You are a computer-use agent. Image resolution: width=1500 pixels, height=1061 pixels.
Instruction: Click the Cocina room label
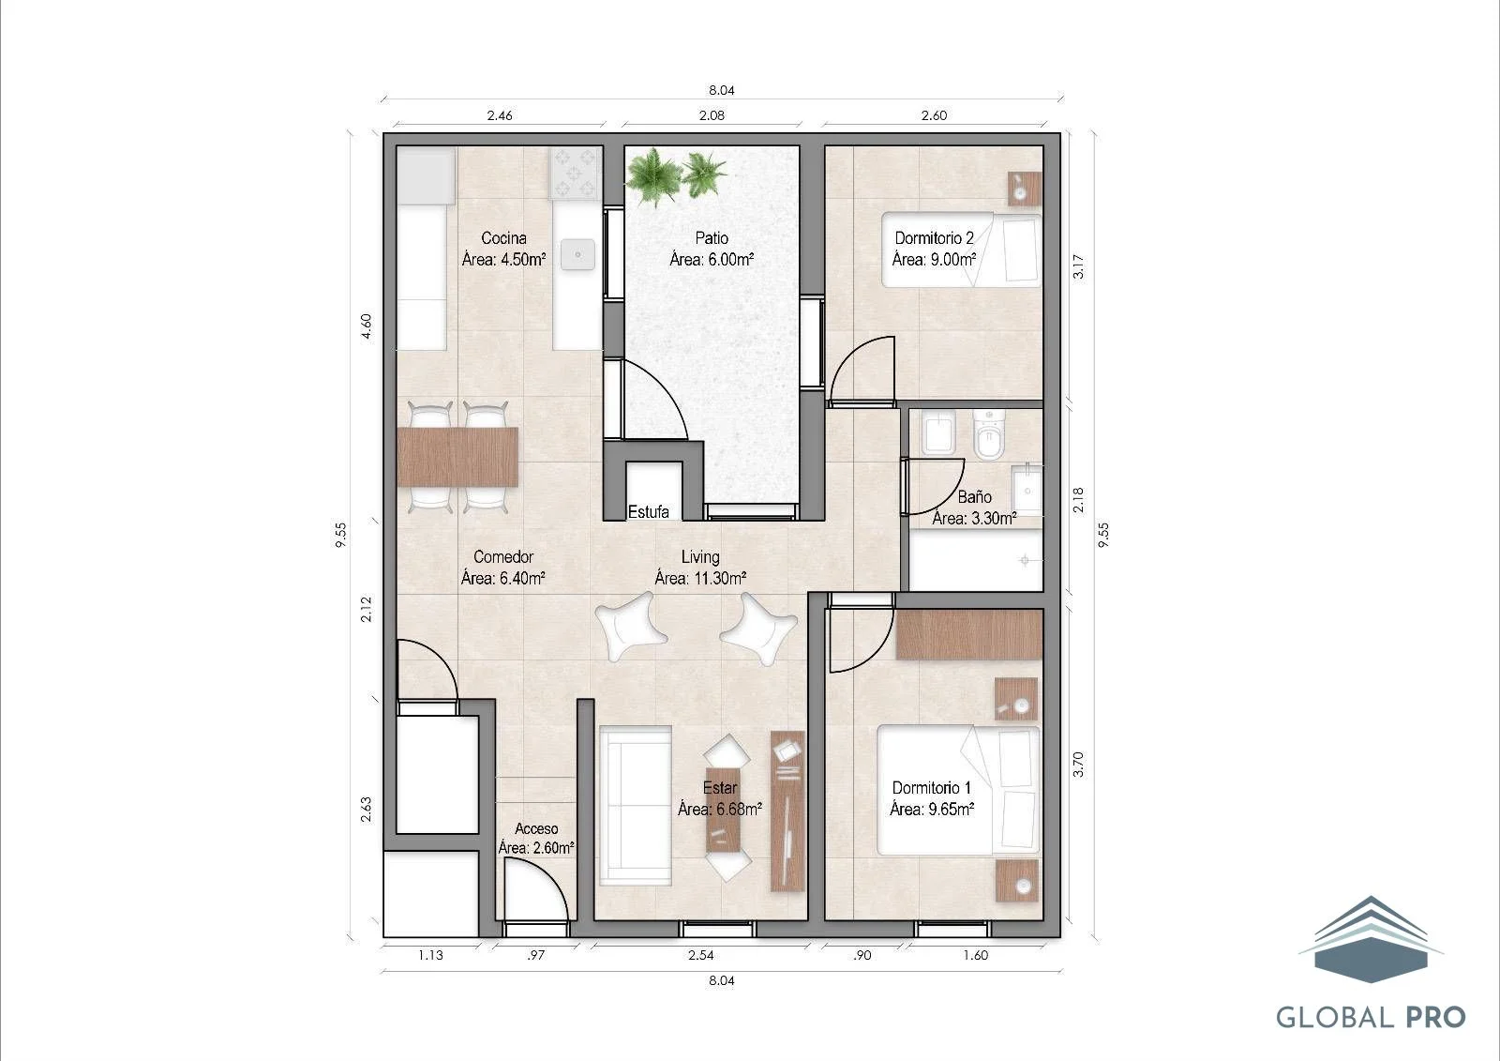click(x=503, y=238)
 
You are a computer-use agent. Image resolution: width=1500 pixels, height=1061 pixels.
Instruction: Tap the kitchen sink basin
click(x=577, y=254)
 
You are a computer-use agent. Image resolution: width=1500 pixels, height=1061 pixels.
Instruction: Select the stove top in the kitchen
click(x=574, y=174)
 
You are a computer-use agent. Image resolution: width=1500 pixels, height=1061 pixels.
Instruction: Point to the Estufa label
click(x=648, y=512)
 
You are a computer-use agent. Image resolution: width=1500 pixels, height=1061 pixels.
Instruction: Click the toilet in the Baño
click(x=989, y=435)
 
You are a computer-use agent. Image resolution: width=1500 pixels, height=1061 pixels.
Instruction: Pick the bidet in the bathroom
click(x=937, y=433)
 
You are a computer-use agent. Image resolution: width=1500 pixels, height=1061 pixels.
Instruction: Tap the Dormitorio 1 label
click(x=932, y=788)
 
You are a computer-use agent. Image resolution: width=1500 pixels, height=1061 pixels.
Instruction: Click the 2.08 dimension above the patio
click(x=712, y=115)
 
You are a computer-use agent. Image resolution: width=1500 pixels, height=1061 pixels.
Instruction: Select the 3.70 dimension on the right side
click(x=1078, y=764)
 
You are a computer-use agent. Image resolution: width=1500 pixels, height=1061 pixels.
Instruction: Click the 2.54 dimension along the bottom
click(x=701, y=955)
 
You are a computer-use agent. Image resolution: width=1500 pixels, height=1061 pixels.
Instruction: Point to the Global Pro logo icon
click(x=1371, y=940)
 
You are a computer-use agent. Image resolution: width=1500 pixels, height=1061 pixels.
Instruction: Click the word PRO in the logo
click(x=1435, y=1018)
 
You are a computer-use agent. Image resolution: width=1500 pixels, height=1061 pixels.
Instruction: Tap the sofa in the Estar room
click(x=636, y=806)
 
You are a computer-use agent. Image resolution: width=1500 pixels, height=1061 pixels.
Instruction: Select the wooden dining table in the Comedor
click(x=457, y=457)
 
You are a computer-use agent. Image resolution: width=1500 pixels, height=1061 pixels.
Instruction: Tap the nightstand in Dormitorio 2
click(x=1026, y=189)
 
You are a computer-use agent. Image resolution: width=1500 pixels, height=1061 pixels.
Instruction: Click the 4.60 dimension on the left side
click(x=366, y=326)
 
